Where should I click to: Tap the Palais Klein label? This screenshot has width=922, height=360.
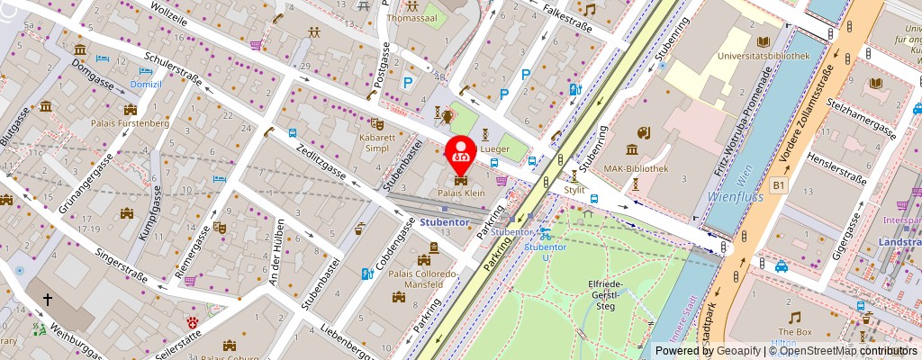pos(463,193)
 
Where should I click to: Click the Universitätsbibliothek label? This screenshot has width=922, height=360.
pos(764,56)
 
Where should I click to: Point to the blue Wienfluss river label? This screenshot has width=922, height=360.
pos(735,194)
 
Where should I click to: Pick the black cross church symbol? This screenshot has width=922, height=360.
pos(47,298)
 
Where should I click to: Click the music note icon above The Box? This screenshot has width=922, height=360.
pos(794,318)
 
